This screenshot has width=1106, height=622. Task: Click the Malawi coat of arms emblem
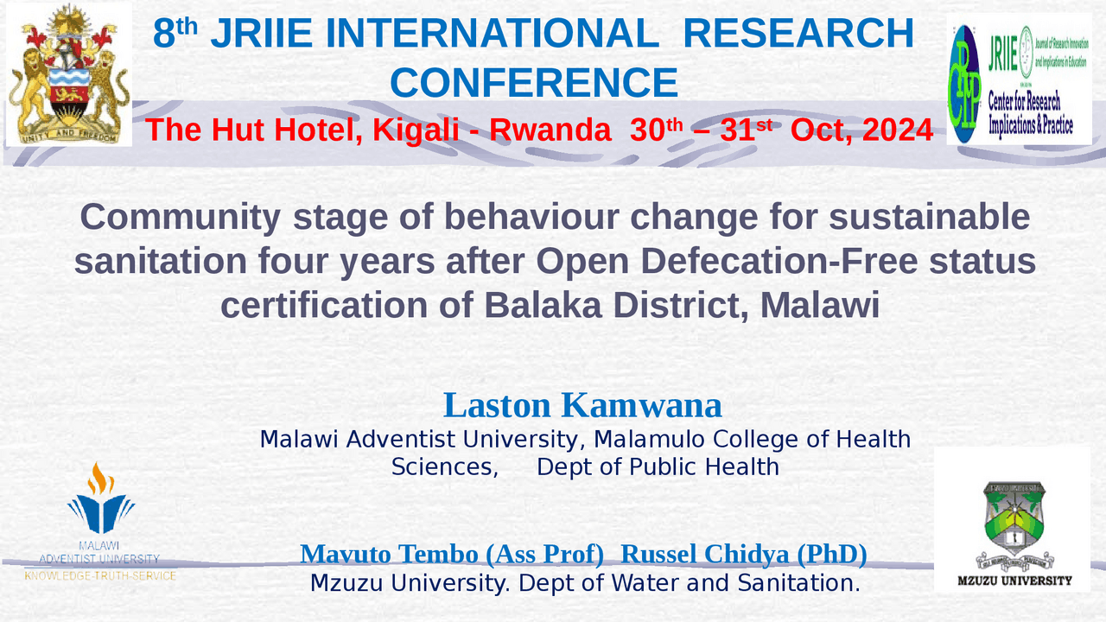point(68,73)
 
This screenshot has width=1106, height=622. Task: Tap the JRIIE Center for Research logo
point(1019,79)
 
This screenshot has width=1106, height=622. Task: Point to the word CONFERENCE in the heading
point(533,84)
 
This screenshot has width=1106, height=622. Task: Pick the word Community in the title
point(180,217)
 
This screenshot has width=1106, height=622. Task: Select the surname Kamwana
point(641,405)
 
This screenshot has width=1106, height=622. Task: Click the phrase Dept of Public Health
point(658,466)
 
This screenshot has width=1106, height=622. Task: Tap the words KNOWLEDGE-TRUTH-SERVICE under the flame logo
point(100,575)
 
